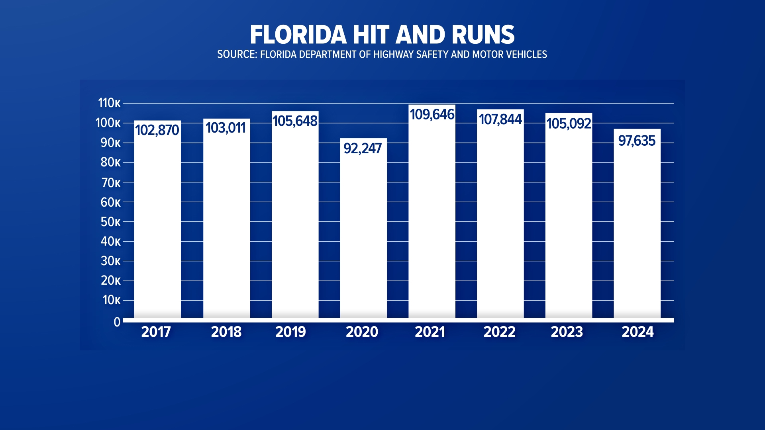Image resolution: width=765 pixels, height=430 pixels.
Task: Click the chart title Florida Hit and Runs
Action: (382, 35)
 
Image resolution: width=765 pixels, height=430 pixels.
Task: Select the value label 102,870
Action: (157, 130)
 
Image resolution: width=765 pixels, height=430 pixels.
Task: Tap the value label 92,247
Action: (363, 149)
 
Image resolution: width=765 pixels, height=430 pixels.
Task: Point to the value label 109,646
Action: (432, 115)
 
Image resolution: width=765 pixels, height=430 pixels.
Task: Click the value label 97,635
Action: (637, 141)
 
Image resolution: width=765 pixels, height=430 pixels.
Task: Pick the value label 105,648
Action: (295, 121)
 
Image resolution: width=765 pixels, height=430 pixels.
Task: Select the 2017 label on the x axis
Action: (156, 332)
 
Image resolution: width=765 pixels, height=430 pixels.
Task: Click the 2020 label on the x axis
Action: (362, 332)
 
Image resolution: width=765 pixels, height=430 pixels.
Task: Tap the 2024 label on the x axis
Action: (637, 332)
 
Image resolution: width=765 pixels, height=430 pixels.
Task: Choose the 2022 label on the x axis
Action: (499, 332)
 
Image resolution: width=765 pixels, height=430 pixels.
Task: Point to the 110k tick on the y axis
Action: (109, 103)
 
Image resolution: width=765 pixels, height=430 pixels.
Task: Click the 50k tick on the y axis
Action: (110, 222)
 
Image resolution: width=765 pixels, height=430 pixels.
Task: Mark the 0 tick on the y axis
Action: (117, 322)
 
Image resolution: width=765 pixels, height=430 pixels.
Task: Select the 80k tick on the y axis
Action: (110, 162)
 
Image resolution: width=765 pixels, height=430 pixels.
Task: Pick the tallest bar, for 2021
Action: (432, 223)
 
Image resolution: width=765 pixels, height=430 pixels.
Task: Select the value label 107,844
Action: (500, 119)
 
